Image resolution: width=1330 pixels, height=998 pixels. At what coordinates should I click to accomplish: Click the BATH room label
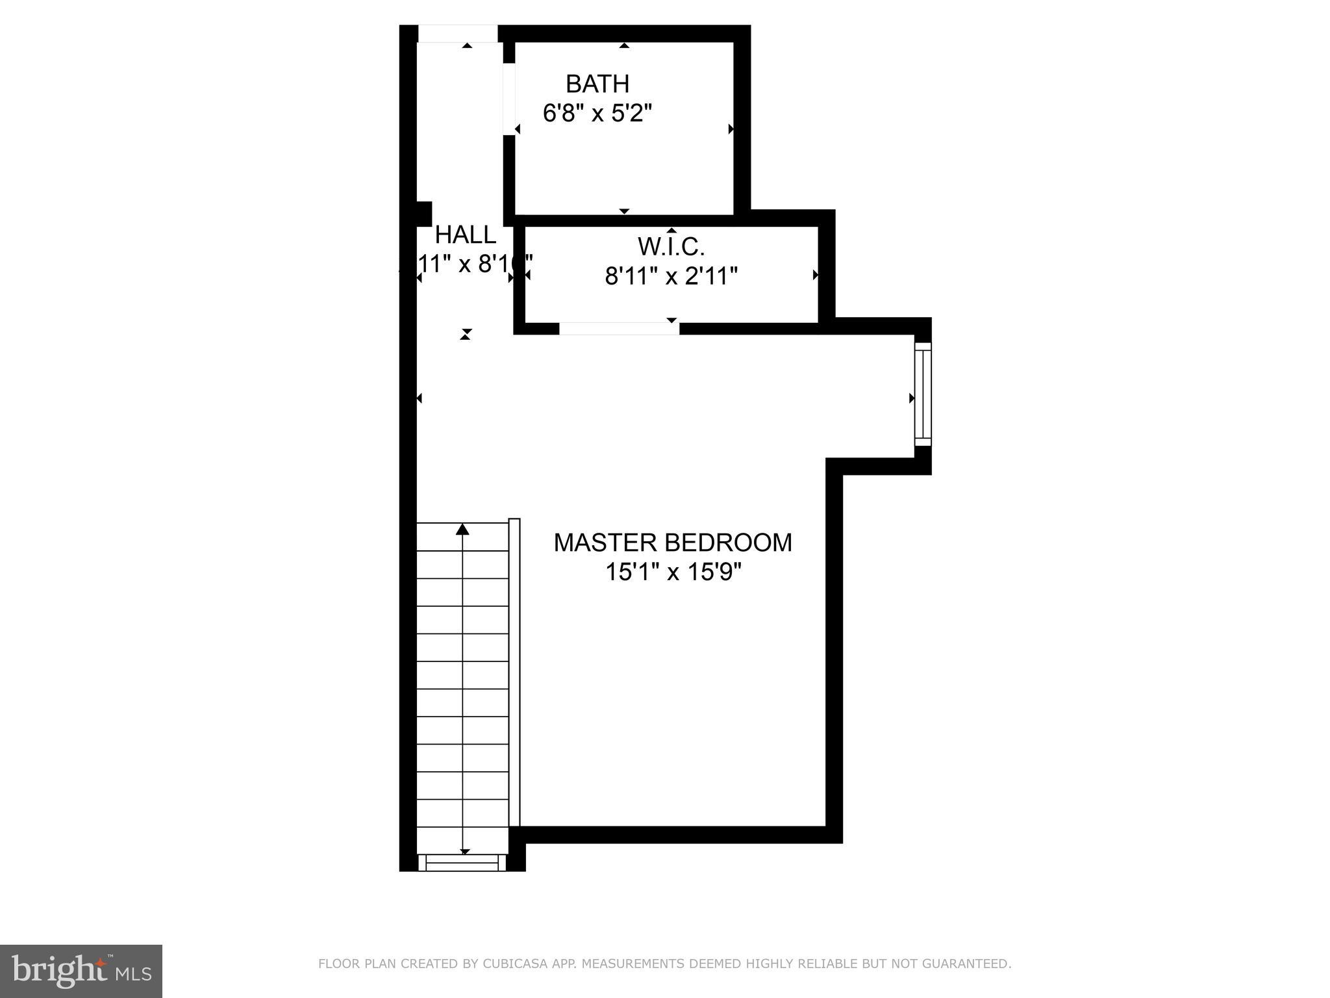click(x=597, y=84)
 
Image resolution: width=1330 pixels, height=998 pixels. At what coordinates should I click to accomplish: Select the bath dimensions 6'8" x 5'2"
click(x=597, y=114)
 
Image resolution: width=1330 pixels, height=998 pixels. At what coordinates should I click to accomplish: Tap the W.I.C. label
click(x=671, y=247)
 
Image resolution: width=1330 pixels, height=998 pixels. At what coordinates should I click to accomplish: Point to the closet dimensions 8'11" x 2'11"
click(x=671, y=276)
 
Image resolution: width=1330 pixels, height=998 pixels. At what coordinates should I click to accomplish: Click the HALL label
click(x=466, y=235)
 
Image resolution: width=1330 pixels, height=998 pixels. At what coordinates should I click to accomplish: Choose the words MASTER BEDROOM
click(x=673, y=543)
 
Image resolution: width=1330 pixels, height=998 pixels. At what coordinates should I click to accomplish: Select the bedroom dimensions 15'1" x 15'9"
click(x=673, y=572)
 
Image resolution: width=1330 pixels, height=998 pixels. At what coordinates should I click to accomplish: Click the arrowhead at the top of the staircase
click(x=462, y=529)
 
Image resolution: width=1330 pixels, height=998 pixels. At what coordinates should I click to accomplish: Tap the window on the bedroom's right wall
click(x=923, y=394)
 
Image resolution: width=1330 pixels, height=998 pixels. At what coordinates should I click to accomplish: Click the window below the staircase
click(x=462, y=863)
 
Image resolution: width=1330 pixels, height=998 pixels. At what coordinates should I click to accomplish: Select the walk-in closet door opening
click(x=619, y=329)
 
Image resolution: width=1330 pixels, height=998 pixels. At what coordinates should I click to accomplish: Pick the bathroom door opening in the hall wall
click(x=509, y=99)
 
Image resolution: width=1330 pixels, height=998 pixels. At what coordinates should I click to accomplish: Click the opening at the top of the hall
click(x=457, y=34)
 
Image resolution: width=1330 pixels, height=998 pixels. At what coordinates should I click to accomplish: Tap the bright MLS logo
click(x=81, y=971)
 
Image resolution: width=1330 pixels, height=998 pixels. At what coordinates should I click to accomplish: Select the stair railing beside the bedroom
click(x=514, y=672)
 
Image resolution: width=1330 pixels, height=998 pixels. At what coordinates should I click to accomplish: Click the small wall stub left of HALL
click(x=423, y=213)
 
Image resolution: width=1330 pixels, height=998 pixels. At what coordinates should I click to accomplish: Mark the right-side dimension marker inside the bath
click(x=731, y=129)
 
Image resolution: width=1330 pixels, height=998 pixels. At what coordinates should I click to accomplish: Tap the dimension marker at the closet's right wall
click(x=815, y=275)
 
